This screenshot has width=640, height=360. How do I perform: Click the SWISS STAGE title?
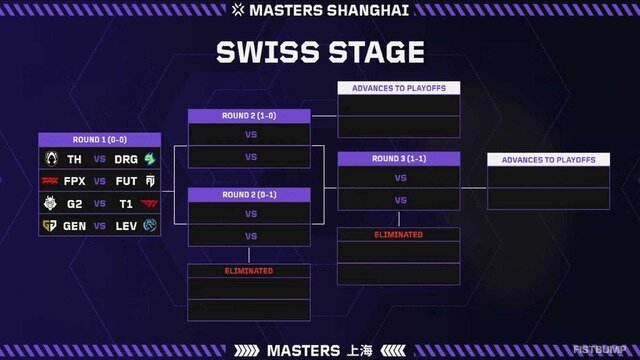point(320,52)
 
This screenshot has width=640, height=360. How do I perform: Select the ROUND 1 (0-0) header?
point(100,139)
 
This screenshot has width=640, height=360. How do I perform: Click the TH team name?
point(74,159)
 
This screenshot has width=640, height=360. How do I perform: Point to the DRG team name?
point(125,159)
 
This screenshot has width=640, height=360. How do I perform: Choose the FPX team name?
point(74,181)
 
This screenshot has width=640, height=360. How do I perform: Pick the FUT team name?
point(125,181)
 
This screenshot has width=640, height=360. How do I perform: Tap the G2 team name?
point(74,204)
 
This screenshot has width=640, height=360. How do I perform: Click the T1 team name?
point(125,204)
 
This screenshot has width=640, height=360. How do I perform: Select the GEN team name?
point(74,226)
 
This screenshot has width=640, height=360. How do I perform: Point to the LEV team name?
point(125,226)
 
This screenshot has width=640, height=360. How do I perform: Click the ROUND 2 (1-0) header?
point(250,116)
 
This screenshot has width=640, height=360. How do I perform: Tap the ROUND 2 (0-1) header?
point(250,194)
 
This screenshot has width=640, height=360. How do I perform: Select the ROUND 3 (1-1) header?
point(399,158)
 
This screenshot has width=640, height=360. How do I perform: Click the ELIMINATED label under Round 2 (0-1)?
point(250,271)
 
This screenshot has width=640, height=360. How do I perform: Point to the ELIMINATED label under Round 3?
point(399,234)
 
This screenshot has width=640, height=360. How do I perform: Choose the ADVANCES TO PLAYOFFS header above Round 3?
point(399,88)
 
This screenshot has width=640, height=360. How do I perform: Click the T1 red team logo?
point(149,204)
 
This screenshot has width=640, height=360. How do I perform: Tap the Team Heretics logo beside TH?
point(51,159)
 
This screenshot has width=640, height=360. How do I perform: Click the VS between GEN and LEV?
point(100,226)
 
